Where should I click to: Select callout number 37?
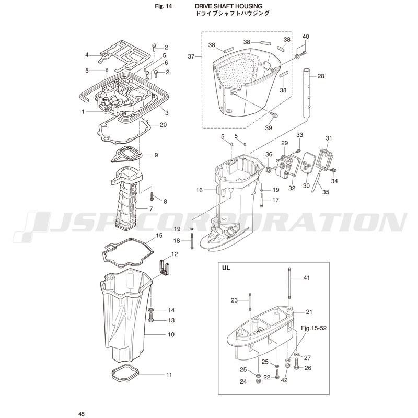(191, 56)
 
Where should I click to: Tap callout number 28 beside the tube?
(321, 76)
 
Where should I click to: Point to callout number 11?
(169, 375)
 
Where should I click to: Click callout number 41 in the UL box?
(307, 277)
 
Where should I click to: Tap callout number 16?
(199, 190)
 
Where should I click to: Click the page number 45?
(82, 414)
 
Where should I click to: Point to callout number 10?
(171, 334)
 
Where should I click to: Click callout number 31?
(329, 138)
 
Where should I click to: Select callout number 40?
(306, 37)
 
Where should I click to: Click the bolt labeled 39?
(275, 114)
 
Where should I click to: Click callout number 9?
(156, 155)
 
